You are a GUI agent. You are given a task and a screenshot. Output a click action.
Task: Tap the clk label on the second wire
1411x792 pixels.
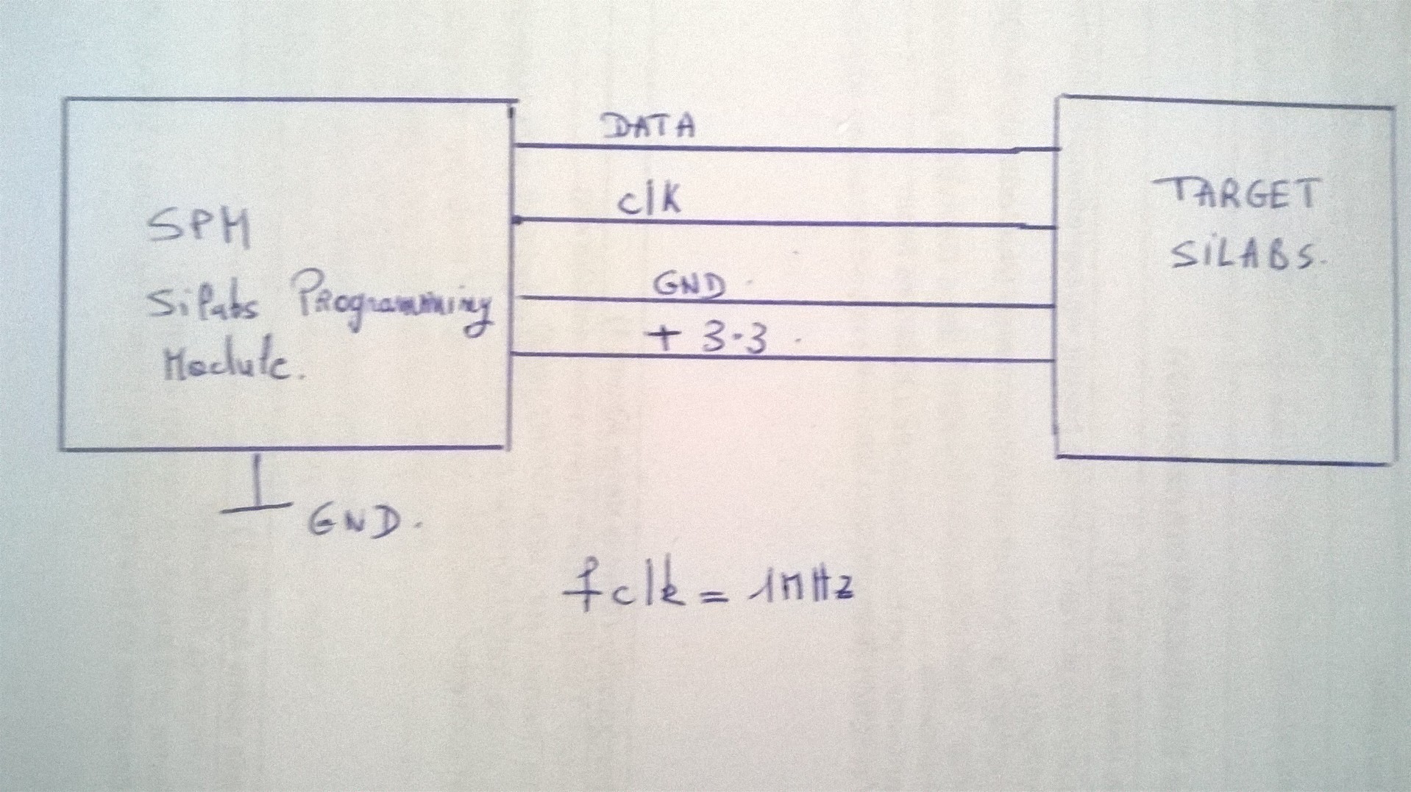(649, 201)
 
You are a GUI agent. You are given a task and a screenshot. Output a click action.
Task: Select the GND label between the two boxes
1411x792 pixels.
(689, 286)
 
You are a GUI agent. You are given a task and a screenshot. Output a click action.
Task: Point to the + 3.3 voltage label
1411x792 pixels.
(706, 340)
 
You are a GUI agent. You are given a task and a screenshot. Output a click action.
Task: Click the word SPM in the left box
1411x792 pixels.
(199, 228)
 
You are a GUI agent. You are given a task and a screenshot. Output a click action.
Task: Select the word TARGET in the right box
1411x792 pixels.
(1236, 195)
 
